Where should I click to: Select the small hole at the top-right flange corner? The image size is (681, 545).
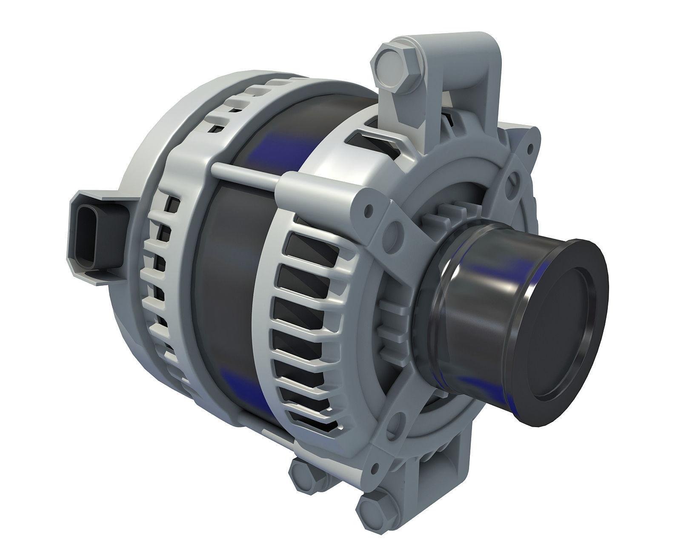point(530,147)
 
